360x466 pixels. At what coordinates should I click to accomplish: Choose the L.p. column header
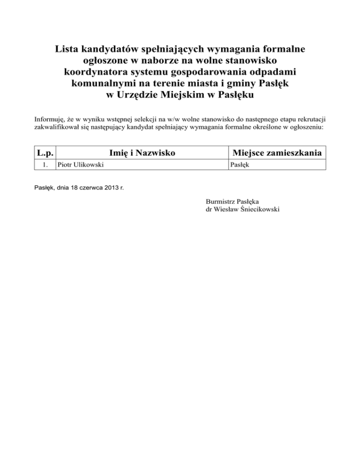coord(45,153)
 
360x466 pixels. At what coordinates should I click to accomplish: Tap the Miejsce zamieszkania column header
coord(277,153)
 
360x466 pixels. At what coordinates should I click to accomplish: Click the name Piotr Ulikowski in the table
coord(78,165)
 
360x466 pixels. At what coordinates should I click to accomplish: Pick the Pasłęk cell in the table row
coord(239,165)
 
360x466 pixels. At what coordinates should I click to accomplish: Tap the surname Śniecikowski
coord(260,210)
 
